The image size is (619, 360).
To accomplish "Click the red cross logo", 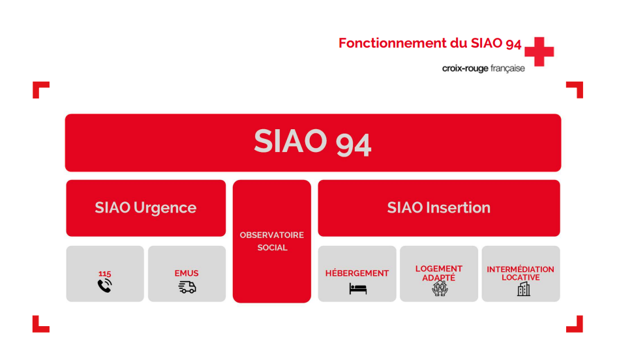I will [x=539, y=52].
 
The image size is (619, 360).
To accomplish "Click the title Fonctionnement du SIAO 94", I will [x=430, y=44].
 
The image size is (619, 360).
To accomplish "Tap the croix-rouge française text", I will [x=483, y=68].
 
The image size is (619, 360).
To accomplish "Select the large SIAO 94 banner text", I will [x=312, y=142].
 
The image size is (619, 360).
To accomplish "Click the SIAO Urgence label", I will [x=145, y=208].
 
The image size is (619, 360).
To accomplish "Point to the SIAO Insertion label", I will [x=438, y=208].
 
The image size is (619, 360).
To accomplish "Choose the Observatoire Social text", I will [x=272, y=241].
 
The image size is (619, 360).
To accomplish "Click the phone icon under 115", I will [x=105, y=286].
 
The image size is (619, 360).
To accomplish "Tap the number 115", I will [x=105, y=274].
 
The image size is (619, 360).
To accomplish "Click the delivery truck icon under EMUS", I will [x=187, y=287].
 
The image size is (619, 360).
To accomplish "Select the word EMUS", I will [x=187, y=273].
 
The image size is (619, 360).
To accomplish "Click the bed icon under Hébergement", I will [x=357, y=288].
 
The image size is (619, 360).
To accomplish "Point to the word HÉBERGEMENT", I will [x=357, y=273].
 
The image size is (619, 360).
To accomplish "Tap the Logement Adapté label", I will [x=439, y=273].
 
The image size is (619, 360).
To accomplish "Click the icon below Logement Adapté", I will [x=440, y=290].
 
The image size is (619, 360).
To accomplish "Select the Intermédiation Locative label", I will [x=521, y=273].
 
